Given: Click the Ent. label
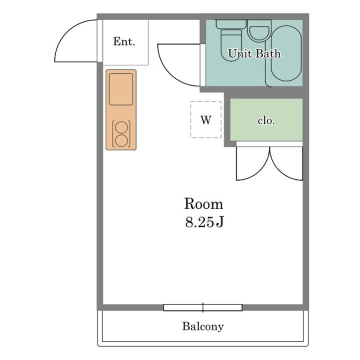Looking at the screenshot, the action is click(124, 41).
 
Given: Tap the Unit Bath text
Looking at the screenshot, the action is click(254, 53).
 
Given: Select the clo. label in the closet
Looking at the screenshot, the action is click(266, 120).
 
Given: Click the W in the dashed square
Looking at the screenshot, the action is click(206, 120).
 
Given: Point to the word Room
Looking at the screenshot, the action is click(203, 203).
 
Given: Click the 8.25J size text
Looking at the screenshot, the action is click(204, 222).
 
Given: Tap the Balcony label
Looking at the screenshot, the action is click(203, 326).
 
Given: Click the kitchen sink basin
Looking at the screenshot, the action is click(121, 89).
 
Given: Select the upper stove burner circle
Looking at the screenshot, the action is click(121, 127).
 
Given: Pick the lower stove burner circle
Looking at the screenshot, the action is click(121, 140).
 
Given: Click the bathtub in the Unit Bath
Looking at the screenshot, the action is click(286, 53).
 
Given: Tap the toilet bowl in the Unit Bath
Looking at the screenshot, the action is click(231, 45).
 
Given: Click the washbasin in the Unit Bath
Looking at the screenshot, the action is click(259, 34).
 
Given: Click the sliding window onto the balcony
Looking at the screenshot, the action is click(203, 307).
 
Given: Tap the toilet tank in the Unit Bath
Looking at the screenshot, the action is click(231, 24).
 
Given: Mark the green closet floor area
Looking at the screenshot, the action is click(266, 119).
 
